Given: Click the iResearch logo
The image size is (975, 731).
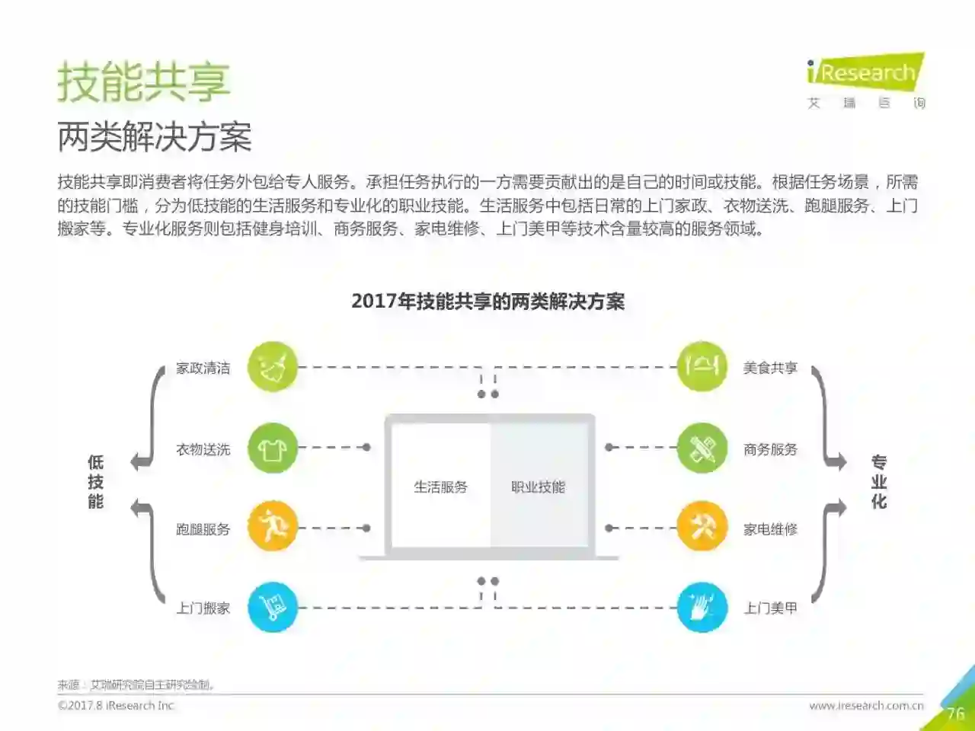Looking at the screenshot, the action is coord(865,74).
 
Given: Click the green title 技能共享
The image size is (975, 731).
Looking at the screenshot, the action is coord(143,82).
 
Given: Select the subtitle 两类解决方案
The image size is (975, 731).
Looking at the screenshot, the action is coord(154,137).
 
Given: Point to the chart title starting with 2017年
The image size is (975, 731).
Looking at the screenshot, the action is coord(487,302).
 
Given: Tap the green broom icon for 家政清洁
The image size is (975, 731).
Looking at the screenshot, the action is coord(272,367).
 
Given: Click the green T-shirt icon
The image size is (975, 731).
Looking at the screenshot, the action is coord(272,448).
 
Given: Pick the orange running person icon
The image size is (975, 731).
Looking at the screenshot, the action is coord(272,527).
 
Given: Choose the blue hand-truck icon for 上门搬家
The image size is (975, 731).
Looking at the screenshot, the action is coord(272,607).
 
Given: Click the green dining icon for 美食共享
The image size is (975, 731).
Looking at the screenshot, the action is coord(702,367).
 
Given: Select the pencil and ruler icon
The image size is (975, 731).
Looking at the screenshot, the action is coord(702,448).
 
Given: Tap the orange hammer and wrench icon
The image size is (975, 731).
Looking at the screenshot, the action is coord(702,527).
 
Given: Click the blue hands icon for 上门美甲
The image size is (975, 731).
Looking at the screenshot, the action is coord(702,607).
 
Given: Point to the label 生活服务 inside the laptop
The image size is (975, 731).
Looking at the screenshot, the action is coord(440,487).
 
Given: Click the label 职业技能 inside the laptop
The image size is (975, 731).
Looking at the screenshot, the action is coord(538,487).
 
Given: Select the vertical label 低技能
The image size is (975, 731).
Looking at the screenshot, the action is coord(95,482).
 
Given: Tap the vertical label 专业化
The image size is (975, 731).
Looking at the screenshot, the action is coord(879,482).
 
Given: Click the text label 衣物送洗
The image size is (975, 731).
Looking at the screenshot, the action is coord(203,449).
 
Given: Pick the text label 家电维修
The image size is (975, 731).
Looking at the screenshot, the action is coord(770,528).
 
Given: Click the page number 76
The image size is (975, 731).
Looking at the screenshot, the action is coord(955,713).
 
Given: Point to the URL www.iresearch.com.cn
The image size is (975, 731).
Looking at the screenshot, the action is coord(866,706).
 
